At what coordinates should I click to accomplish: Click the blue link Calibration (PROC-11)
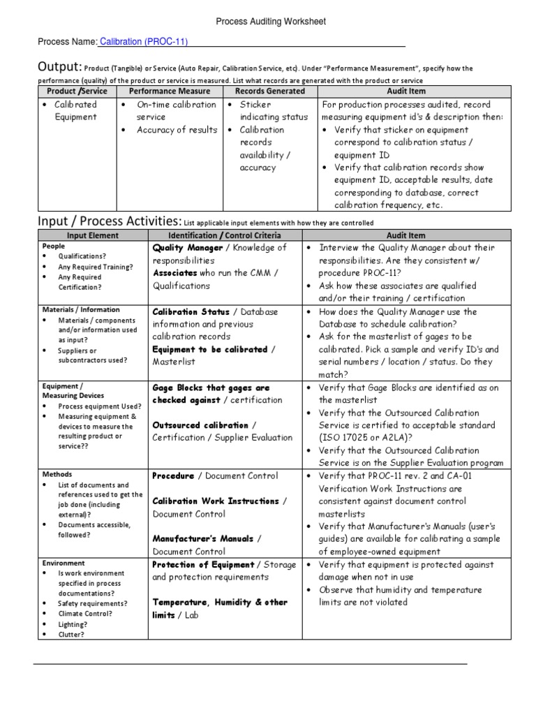pyautogui.click(x=144, y=42)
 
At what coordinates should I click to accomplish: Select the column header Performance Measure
pyautogui.click(x=170, y=91)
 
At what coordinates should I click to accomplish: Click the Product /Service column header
pyautogui.click(x=77, y=91)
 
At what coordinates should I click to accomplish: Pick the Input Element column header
pyautogui.click(x=93, y=236)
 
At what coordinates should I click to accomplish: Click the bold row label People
pyautogui.click(x=54, y=246)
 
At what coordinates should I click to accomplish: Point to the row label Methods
pyautogui.click(x=57, y=475)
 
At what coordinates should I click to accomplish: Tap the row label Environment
pyautogui.click(x=64, y=563)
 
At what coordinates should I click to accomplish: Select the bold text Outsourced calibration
pyautogui.click(x=200, y=425)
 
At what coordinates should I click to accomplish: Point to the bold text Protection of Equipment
pyautogui.click(x=203, y=565)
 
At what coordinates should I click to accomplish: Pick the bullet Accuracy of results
pyautogui.click(x=177, y=130)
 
